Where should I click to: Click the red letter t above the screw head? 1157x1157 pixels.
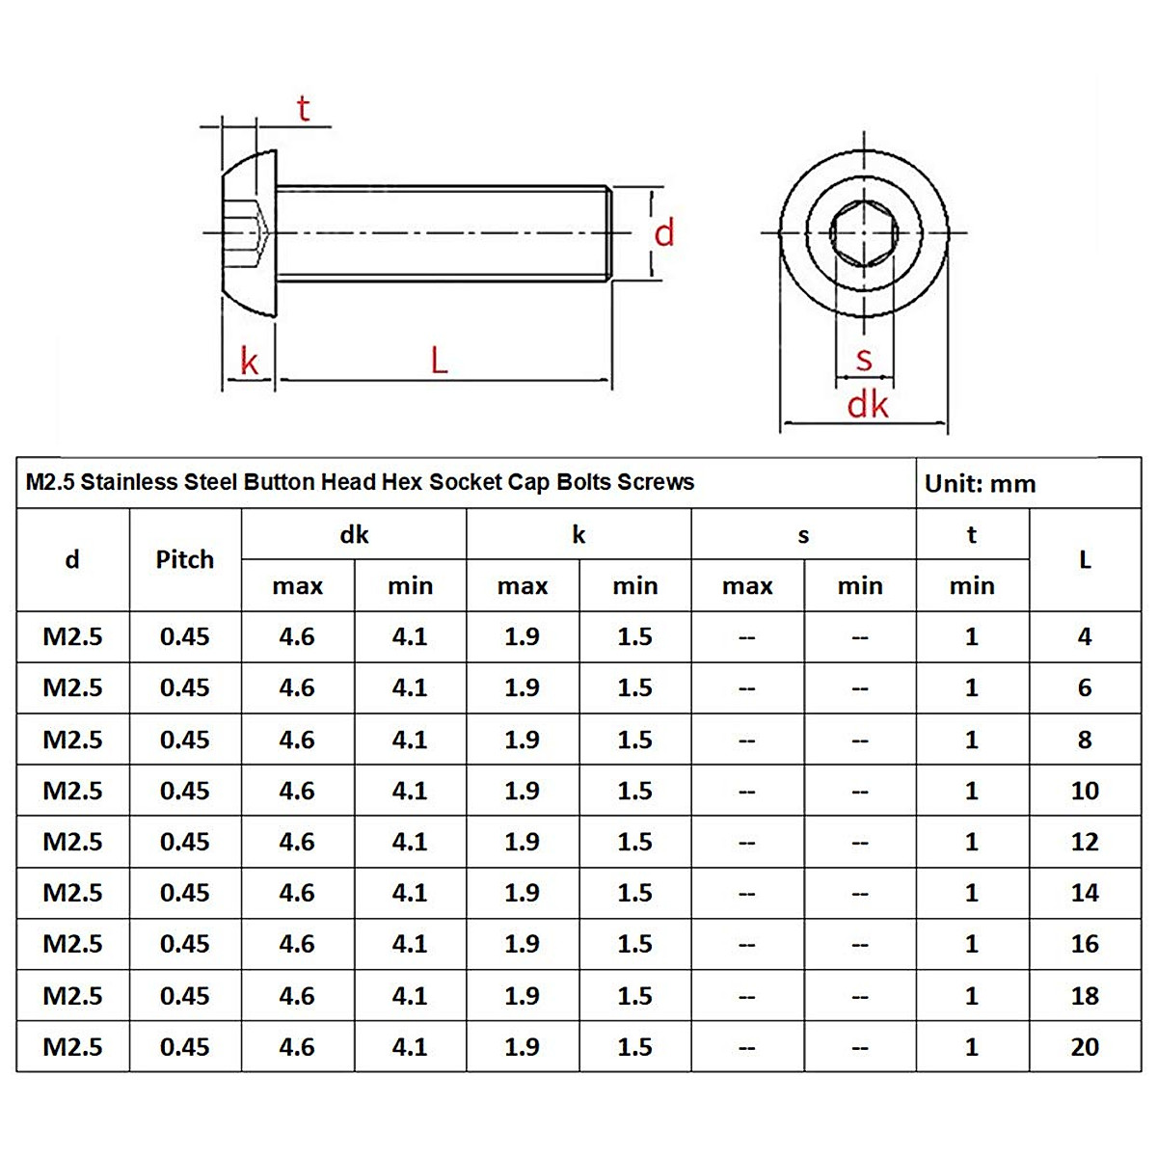304,109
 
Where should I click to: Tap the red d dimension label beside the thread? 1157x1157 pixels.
664,233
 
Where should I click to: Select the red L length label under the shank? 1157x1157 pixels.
439,361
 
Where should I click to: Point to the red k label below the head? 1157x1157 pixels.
250,363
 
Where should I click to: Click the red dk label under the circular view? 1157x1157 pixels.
867,405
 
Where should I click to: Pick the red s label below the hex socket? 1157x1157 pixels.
864,360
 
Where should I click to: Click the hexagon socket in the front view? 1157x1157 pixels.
864,232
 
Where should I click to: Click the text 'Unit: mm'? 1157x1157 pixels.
980,484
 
